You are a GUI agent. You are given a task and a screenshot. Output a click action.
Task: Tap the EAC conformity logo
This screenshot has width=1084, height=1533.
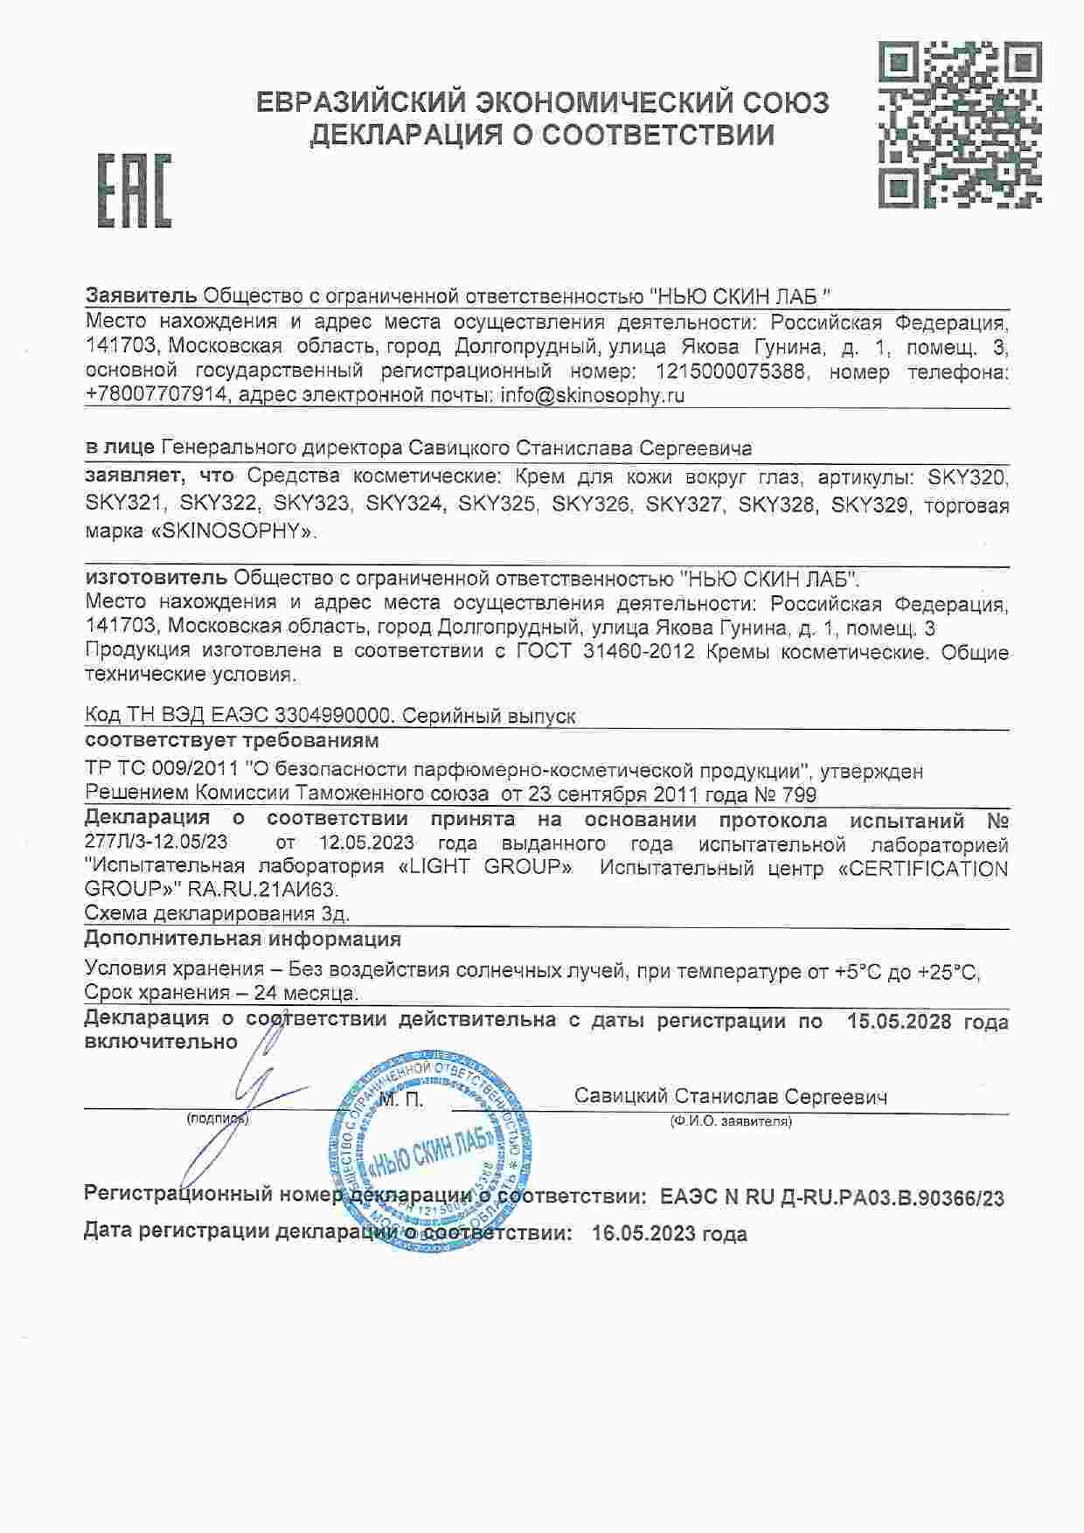(134, 191)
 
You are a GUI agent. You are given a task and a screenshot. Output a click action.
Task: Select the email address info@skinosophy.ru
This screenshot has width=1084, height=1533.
(592, 395)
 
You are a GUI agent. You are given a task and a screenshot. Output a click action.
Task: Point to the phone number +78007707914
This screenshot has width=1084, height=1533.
(158, 395)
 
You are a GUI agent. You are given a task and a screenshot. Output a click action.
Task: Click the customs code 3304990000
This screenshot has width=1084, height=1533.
(332, 716)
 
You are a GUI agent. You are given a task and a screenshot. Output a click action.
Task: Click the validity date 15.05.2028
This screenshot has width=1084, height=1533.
(899, 1021)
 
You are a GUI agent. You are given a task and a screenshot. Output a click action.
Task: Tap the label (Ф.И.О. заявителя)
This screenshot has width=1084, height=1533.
(731, 1121)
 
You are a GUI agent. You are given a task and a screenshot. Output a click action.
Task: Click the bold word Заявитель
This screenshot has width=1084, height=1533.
(141, 295)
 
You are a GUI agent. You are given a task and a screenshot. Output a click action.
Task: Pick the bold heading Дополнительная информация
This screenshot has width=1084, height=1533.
(243, 940)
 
